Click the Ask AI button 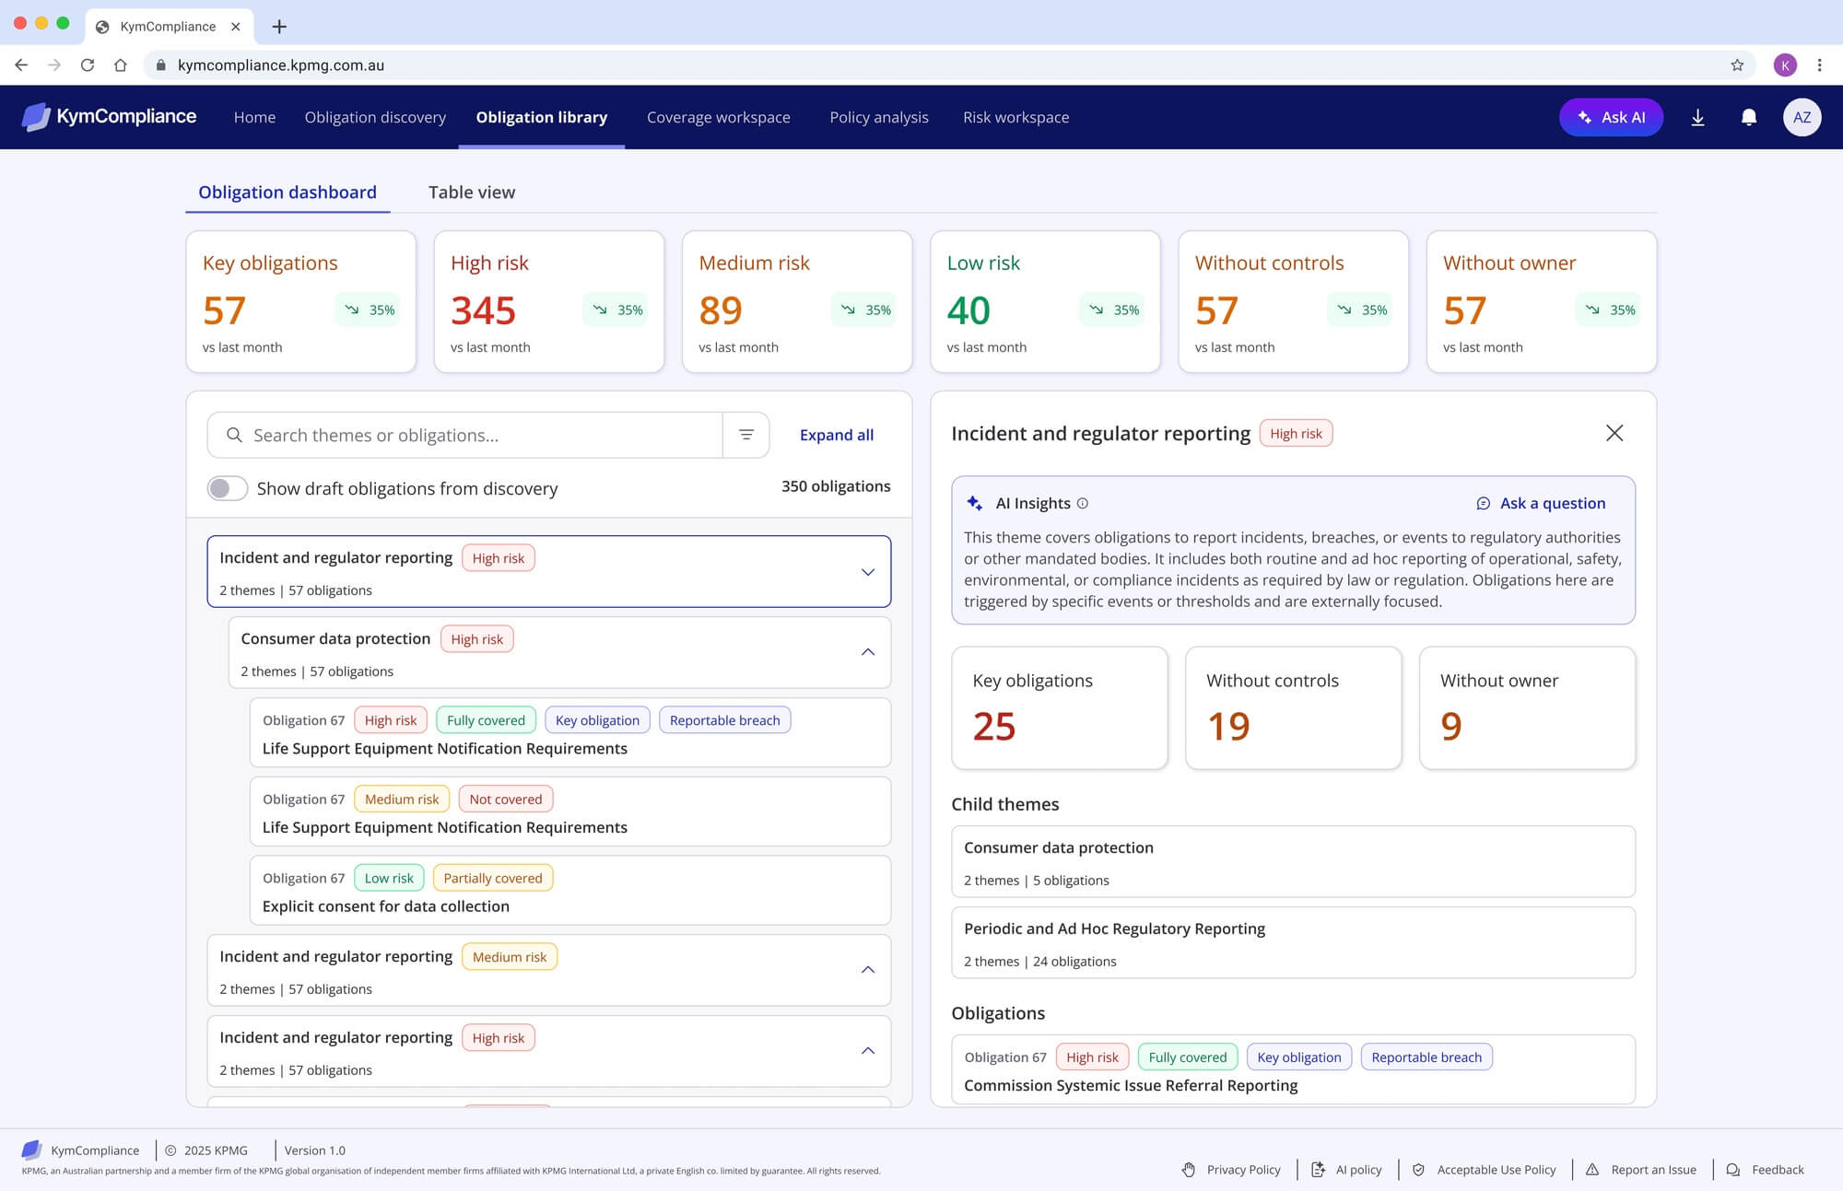[x=1611, y=117]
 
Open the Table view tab [x=472, y=193]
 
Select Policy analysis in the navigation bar [x=879, y=117]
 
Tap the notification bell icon [x=1748, y=117]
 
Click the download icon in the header [x=1697, y=117]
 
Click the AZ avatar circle [x=1802, y=117]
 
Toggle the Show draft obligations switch [x=228, y=488]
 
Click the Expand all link [x=837, y=435]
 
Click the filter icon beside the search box [x=746, y=435]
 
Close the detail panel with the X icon [x=1614, y=433]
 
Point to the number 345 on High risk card [x=483, y=310]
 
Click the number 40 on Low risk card [x=968, y=310]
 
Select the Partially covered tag [x=493, y=878]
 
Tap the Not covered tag [x=506, y=799]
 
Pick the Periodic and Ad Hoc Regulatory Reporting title [x=1114, y=928]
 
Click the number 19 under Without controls [x=1228, y=726]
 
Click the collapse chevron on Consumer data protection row [x=868, y=652]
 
